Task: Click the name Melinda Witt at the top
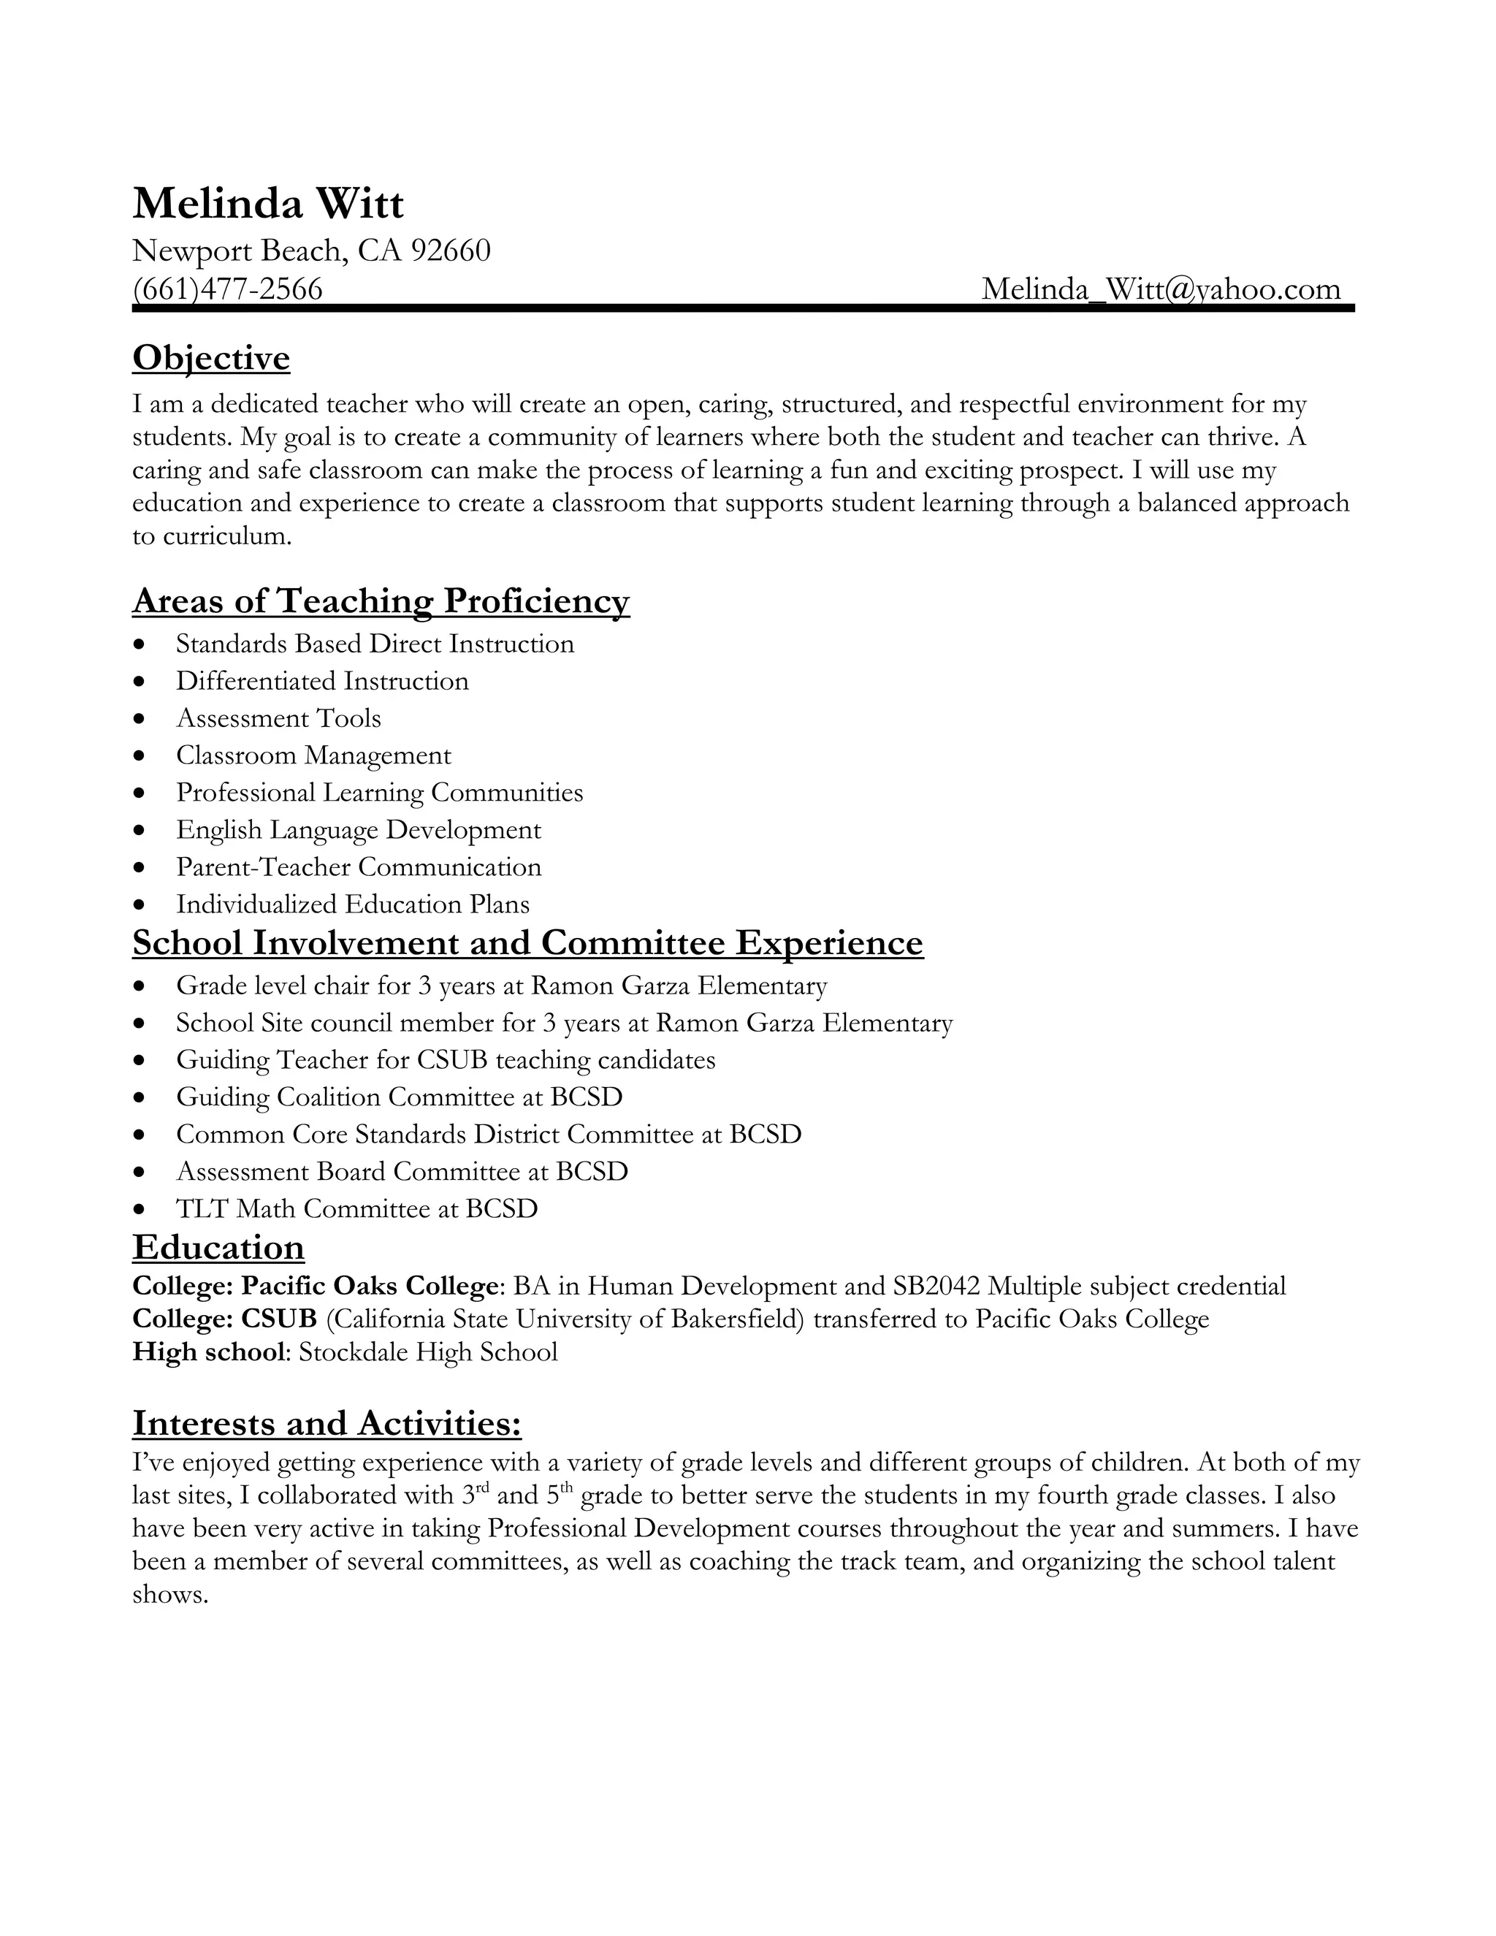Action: click(x=267, y=204)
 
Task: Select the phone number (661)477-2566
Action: click(x=228, y=289)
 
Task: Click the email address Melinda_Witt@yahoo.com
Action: click(x=1161, y=289)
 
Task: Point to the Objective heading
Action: click(x=211, y=358)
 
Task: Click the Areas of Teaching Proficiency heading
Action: click(x=381, y=601)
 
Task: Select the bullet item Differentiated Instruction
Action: click(x=321, y=681)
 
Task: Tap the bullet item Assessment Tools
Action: click(x=278, y=718)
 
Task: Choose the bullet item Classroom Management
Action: click(x=313, y=755)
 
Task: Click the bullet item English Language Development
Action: click(x=358, y=830)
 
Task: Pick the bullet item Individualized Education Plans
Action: click(x=353, y=904)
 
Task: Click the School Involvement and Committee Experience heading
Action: click(x=527, y=943)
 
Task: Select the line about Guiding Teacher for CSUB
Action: click(x=445, y=1060)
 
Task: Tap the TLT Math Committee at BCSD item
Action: click(x=356, y=1209)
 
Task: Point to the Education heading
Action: click(x=218, y=1248)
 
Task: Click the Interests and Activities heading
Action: click(x=326, y=1424)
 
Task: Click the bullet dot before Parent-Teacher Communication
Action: click(x=139, y=868)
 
